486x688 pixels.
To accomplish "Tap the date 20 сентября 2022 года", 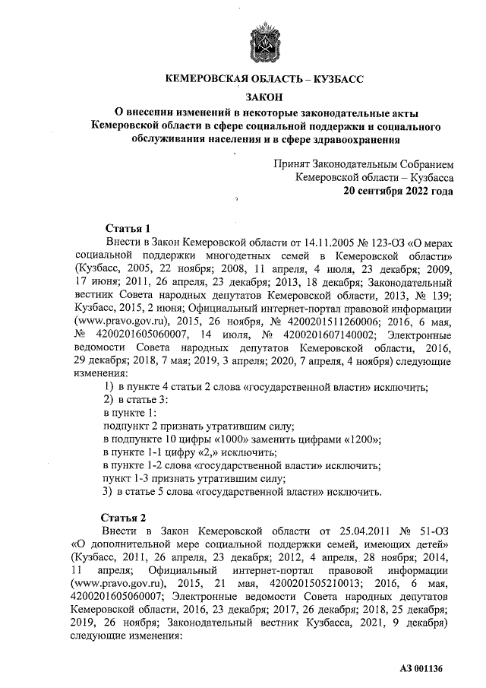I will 399,191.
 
